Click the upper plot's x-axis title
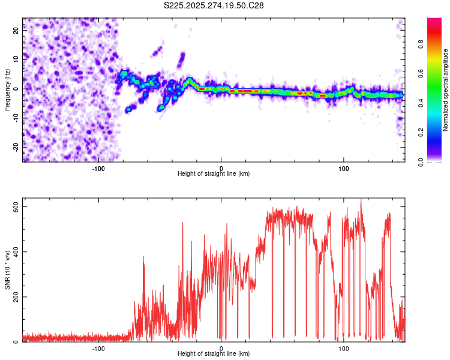(x=214, y=173)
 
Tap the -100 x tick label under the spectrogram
(x=98, y=167)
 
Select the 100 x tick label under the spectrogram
(x=344, y=167)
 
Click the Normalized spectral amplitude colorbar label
(x=446, y=90)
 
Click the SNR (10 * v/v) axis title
(x=7, y=273)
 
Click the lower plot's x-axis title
(x=214, y=353)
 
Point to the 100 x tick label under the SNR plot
(x=344, y=347)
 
